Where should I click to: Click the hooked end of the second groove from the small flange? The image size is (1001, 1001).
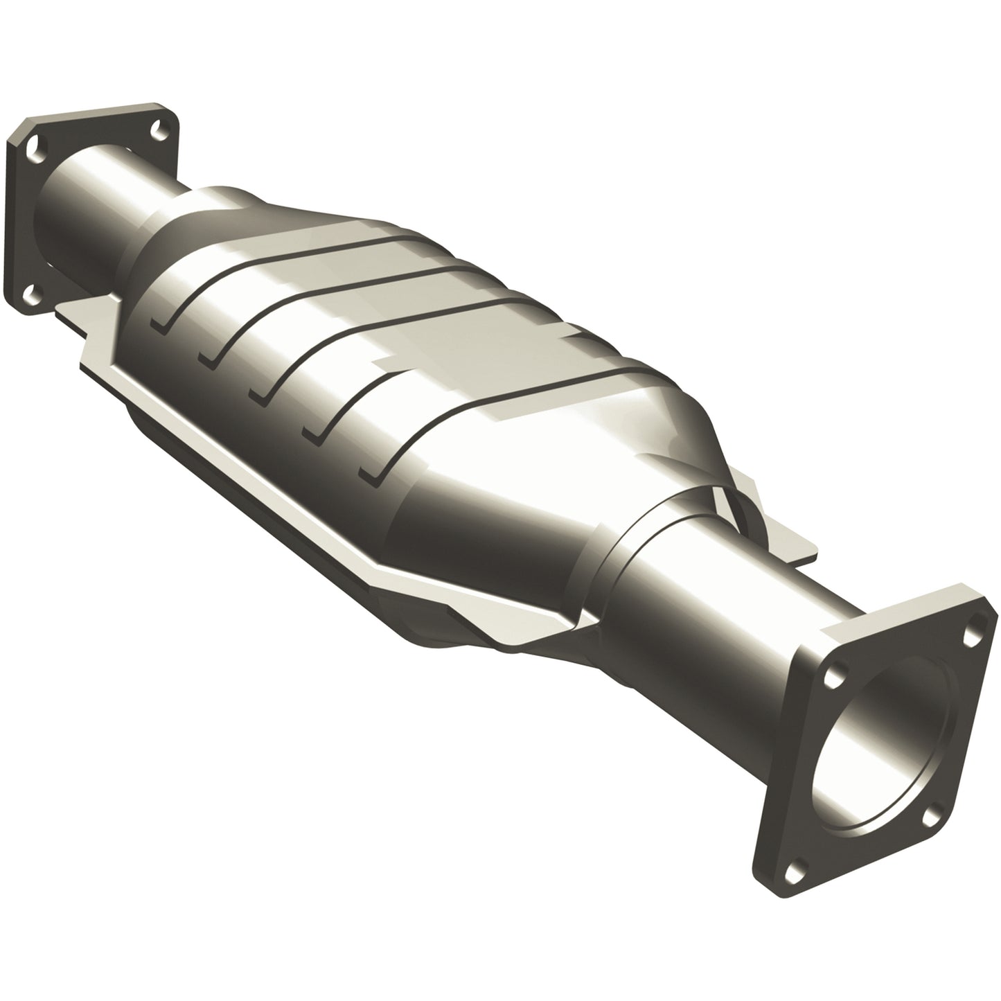pyautogui.click(x=206, y=357)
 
